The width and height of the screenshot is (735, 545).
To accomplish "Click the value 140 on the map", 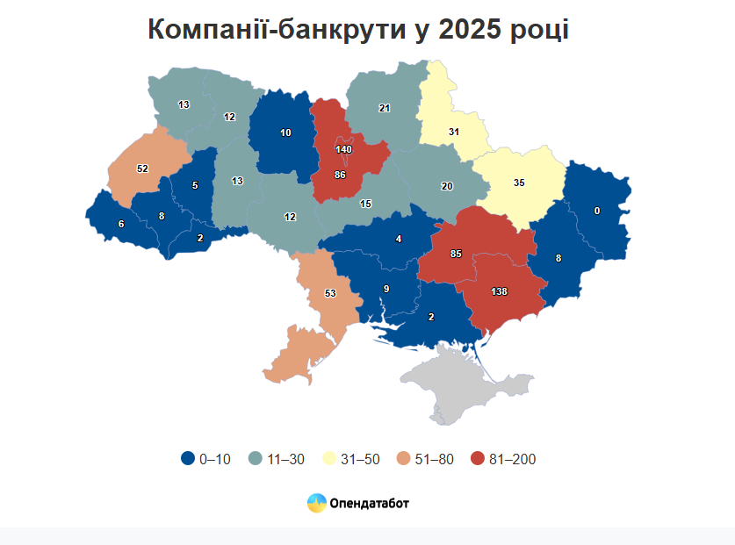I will [x=343, y=150].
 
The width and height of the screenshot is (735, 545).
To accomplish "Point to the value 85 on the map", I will [x=456, y=254].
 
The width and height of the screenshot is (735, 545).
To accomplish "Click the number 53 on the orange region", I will [x=330, y=293].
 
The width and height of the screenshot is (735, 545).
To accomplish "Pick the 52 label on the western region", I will [x=142, y=169].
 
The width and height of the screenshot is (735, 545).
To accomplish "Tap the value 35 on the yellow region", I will [x=519, y=183].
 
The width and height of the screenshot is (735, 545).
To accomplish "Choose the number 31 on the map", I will [x=454, y=132].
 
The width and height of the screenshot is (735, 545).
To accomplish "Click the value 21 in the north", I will [x=384, y=108].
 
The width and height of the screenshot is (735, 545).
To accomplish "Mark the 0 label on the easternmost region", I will [x=597, y=211].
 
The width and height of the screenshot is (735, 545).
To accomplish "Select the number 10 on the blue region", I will [x=285, y=133].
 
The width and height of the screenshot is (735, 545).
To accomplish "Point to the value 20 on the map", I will [x=447, y=186].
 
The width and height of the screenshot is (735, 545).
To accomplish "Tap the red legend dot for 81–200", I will [x=477, y=459].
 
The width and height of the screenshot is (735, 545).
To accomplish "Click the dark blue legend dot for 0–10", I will [x=187, y=459].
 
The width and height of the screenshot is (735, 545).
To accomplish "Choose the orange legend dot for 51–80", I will [x=403, y=459].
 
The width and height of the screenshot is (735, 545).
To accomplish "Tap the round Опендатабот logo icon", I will [x=316, y=504].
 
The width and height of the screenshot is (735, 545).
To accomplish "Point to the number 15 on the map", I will [x=365, y=204].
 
